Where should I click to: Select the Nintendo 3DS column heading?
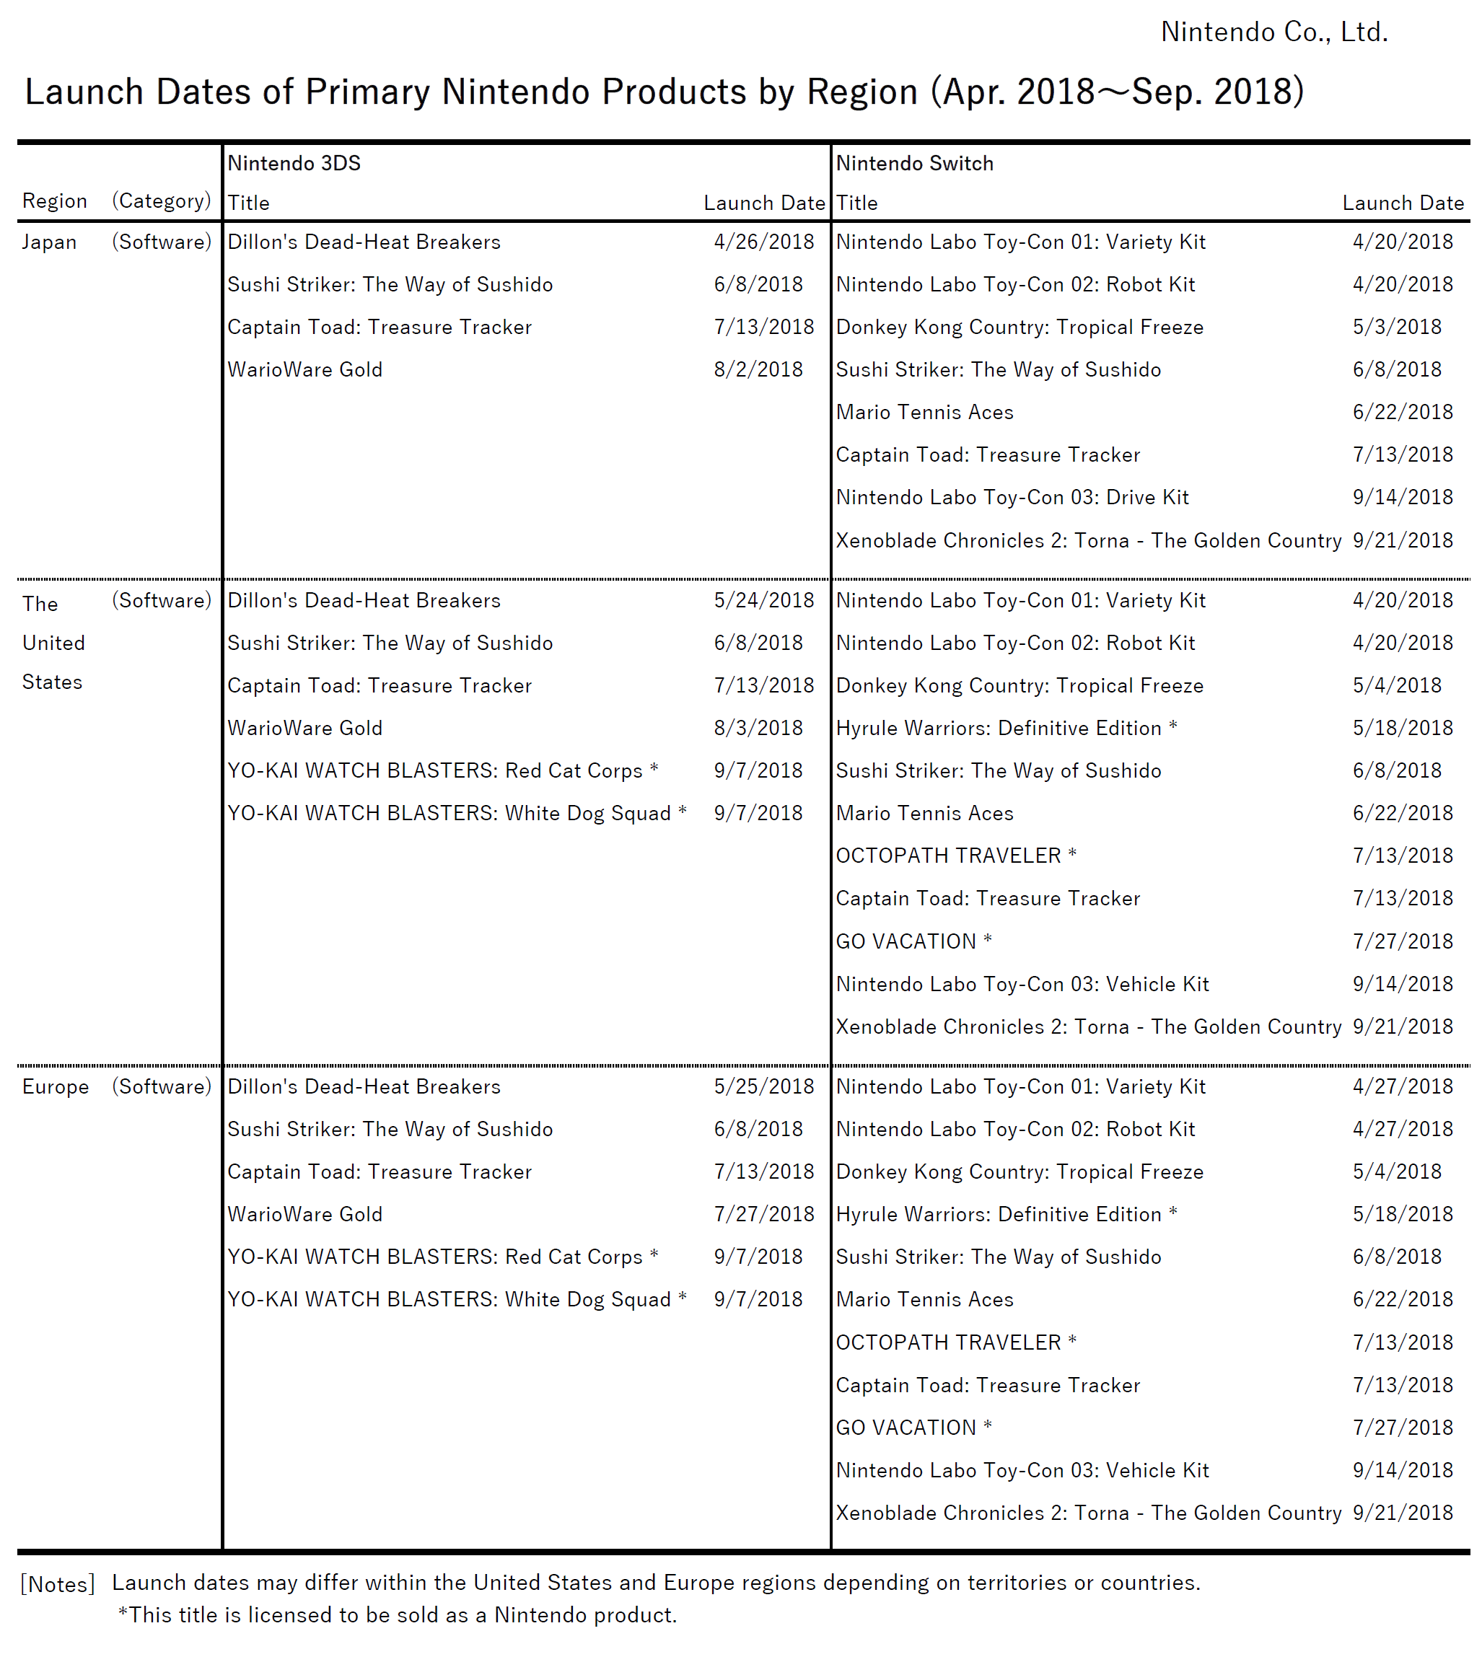(294, 163)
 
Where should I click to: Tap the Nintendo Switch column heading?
(914, 163)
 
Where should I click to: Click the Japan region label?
(49, 242)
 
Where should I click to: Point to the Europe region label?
(55, 1086)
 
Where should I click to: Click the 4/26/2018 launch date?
(763, 242)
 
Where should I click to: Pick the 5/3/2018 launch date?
(1396, 327)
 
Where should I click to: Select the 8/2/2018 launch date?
(758, 369)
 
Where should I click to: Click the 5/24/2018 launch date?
(763, 600)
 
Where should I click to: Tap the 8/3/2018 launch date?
(758, 728)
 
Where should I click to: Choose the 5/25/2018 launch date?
(763, 1086)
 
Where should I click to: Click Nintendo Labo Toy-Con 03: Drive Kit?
(1012, 498)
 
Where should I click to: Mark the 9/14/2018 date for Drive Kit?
(1402, 498)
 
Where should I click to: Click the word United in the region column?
(53, 643)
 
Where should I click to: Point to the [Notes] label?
(58, 1584)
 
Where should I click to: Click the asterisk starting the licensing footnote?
(123, 1614)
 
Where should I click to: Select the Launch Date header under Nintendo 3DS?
(763, 203)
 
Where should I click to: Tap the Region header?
(54, 201)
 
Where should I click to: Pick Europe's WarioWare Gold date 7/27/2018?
(763, 1215)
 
